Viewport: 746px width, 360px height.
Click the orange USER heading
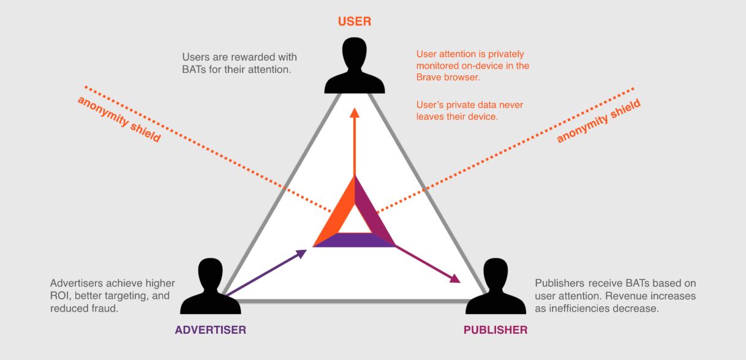tap(355, 21)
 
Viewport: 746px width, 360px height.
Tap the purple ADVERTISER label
tap(211, 330)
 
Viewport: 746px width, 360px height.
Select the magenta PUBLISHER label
tap(495, 330)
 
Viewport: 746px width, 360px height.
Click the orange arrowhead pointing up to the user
tap(355, 113)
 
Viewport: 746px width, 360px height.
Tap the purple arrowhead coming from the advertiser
tap(301, 252)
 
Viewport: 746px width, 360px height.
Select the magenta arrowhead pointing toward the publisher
tap(454, 279)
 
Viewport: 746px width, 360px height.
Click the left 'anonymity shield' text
tap(119, 119)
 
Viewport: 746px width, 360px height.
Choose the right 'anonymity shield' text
tap(598, 121)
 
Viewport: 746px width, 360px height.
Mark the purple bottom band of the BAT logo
tap(355, 241)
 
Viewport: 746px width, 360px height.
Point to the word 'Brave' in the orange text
tap(431, 77)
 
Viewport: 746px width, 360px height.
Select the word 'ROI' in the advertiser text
tap(60, 296)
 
